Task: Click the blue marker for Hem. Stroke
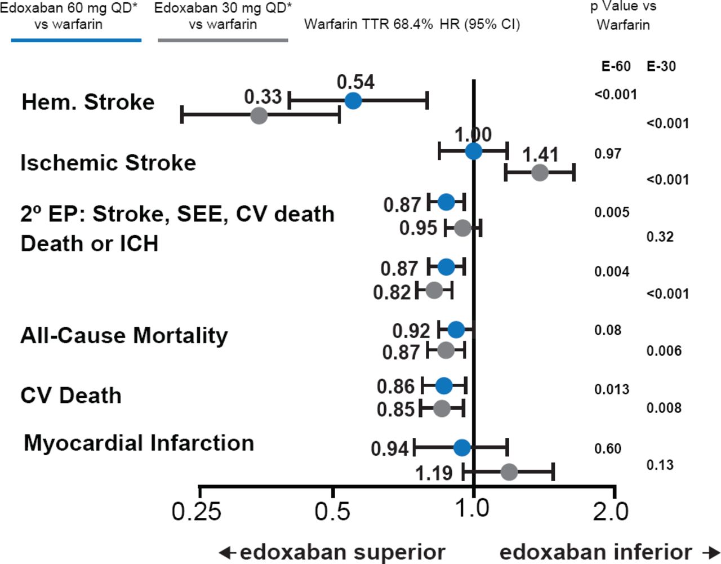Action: pyautogui.click(x=353, y=101)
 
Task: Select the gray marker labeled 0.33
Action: pyautogui.click(x=259, y=116)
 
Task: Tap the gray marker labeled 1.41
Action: pyautogui.click(x=540, y=172)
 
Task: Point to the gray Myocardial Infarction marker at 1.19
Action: pyautogui.click(x=509, y=472)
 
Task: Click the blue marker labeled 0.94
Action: pyautogui.click(x=462, y=448)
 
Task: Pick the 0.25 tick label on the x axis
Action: pyautogui.click(x=196, y=512)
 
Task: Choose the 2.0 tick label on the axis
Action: pyautogui.click(x=611, y=512)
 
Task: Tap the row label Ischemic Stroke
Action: pyautogui.click(x=108, y=163)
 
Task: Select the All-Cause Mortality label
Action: pyautogui.click(x=124, y=335)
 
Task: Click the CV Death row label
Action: pyautogui.click(x=71, y=396)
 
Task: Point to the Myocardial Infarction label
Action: pyautogui.click(x=139, y=443)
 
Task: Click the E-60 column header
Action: pyautogui.click(x=616, y=66)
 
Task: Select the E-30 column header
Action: pyautogui.click(x=661, y=66)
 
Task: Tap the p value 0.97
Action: pyautogui.click(x=608, y=154)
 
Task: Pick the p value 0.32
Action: pyautogui.click(x=660, y=237)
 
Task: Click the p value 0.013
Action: pyautogui.click(x=612, y=389)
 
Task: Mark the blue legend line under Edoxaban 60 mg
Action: pyautogui.click(x=76, y=41)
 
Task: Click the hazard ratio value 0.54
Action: pyautogui.click(x=355, y=82)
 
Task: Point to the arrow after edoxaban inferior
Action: pyautogui.click(x=711, y=552)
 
